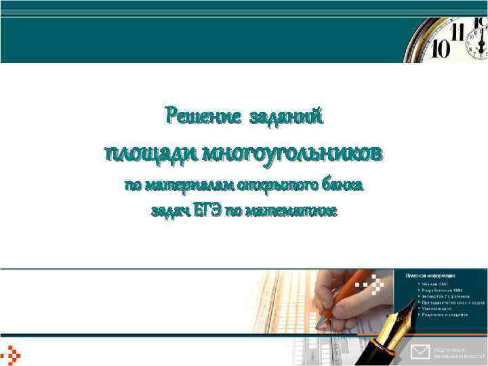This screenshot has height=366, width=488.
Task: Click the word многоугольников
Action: [291, 153]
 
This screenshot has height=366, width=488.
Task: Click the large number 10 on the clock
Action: [442, 49]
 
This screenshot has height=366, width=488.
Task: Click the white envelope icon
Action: [420, 351]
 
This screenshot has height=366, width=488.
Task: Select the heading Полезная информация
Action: [430, 276]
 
